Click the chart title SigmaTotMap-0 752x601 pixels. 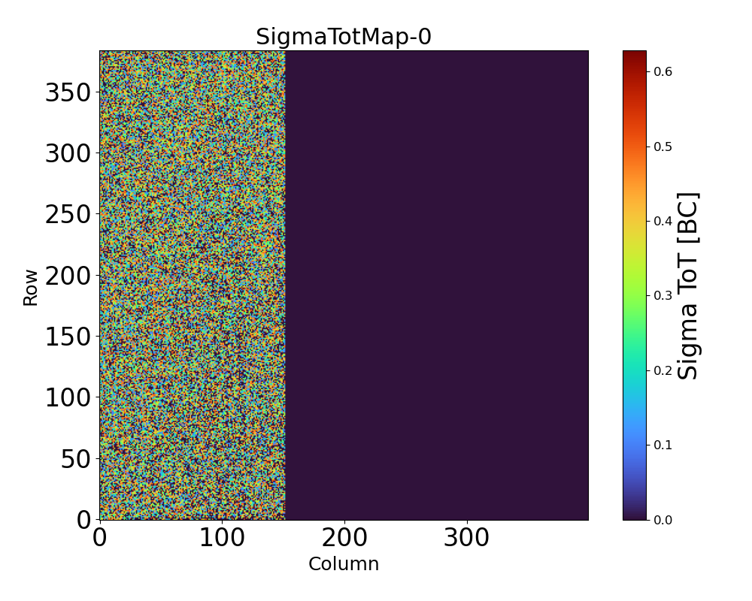tap(344, 37)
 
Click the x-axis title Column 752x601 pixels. tap(344, 564)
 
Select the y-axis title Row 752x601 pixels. tap(31, 288)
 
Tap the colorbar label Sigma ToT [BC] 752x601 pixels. tap(688, 285)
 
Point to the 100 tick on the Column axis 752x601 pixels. tap(222, 538)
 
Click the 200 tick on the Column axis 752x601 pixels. tap(344, 538)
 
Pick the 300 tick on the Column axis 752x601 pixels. tap(467, 538)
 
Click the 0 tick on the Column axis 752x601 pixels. tap(99, 538)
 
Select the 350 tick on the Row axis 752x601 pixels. tap(68, 93)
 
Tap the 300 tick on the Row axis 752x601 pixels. tap(68, 154)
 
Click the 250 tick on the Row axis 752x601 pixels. tap(68, 215)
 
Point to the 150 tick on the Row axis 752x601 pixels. tap(68, 337)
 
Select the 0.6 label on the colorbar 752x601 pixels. tap(663, 71)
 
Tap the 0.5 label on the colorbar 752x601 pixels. tap(663, 146)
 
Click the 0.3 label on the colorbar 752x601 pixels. tap(663, 295)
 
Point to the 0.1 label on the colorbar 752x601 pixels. tap(663, 445)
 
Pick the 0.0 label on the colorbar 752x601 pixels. tap(663, 519)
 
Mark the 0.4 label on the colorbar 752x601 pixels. tap(663, 221)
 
